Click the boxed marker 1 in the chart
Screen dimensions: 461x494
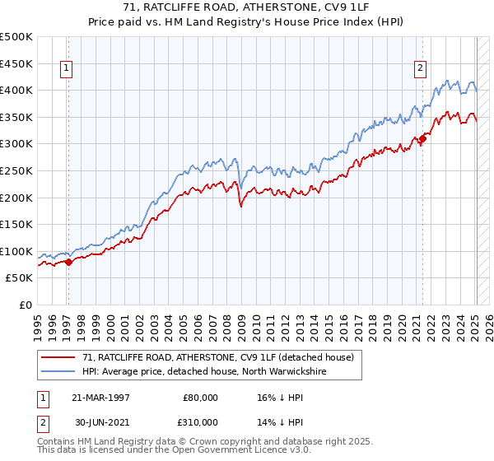point(66,69)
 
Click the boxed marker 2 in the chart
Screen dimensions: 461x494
point(420,69)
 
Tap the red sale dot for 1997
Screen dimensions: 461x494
point(68,262)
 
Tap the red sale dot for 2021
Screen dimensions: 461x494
point(423,138)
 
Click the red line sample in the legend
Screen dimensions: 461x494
point(58,357)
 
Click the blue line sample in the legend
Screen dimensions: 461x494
point(58,371)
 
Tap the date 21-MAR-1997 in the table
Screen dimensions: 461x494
point(100,397)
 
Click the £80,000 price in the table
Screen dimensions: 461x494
point(198,397)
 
